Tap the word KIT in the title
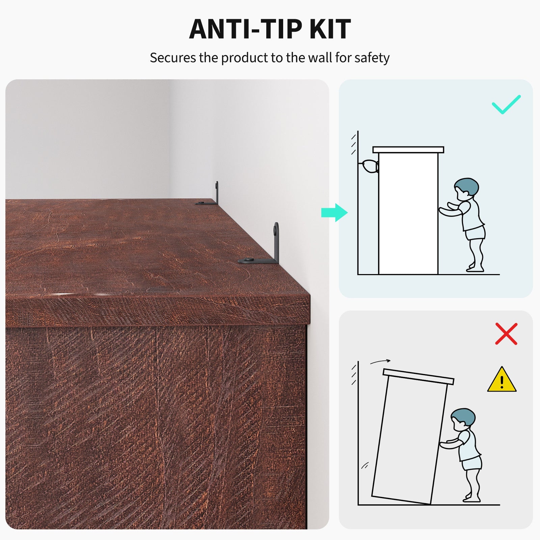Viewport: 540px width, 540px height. click(x=330, y=29)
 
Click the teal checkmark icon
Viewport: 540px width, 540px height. click(x=506, y=104)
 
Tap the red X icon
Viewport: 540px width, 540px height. click(x=506, y=334)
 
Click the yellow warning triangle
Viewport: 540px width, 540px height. click(x=502, y=380)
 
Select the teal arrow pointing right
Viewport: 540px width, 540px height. click(x=334, y=213)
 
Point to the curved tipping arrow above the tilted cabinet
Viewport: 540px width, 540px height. click(x=380, y=361)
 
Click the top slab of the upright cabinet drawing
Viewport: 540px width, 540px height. click(x=408, y=150)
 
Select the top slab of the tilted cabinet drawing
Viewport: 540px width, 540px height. click(x=418, y=377)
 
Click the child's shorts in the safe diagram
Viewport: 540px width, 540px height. click(x=476, y=233)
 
